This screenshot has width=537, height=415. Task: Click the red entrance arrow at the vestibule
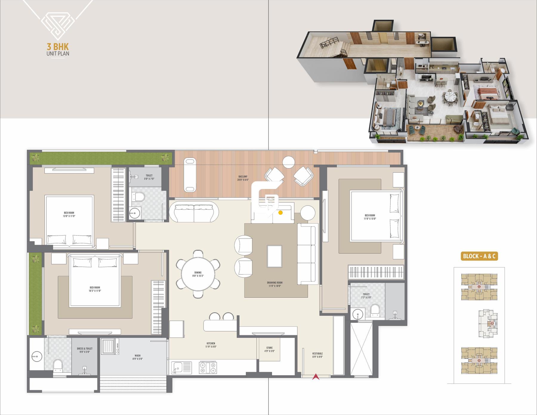point(316,377)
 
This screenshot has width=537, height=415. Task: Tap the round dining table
point(198,274)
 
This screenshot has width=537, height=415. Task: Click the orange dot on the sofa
point(280,213)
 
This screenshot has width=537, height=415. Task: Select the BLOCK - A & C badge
point(479,256)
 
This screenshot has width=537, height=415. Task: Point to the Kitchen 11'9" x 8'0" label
point(211,345)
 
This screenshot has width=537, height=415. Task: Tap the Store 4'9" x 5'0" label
point(269,349)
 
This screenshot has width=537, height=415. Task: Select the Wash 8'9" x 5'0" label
point(138,357)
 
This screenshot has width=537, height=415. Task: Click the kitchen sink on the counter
point(181,368)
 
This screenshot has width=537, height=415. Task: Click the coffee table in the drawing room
point(274,256)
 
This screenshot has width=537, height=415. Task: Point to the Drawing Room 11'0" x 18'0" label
point(275,284)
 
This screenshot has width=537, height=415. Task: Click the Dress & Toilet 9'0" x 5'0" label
point(85,350)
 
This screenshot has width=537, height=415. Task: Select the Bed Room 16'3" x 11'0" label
point(95,289)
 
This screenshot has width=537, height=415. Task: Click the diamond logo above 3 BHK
point(58,25)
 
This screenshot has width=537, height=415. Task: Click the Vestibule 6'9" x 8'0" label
point(317,355)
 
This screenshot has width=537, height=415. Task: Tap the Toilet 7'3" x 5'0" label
point(366,296)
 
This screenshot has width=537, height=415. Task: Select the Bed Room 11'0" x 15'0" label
point(370,217)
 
